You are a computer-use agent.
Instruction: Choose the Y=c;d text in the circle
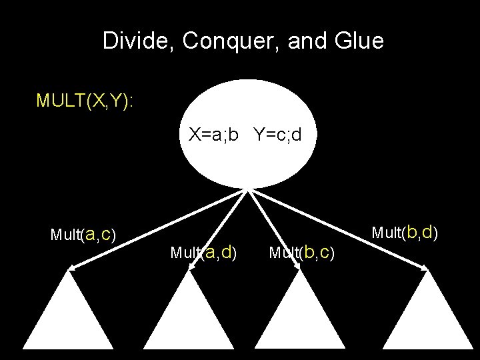click(x=277, y=135)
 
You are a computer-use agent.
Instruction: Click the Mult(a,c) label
click(x=83, y=235)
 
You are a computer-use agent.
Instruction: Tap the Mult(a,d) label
click(x=203, y=253)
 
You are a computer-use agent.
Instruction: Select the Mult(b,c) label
click(x=301, y=253)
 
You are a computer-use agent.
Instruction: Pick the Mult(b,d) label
click(x=404, y=233)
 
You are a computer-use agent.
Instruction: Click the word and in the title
click(x=305, y=41)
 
